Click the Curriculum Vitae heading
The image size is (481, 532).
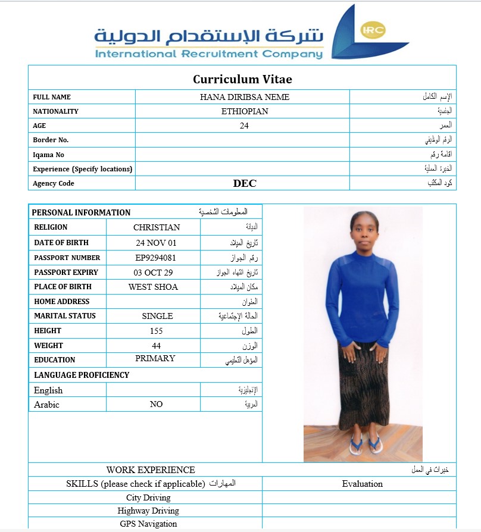click(x=242, y=79)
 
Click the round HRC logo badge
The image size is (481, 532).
click(x=373, y=30)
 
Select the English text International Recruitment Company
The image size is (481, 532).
click(x=209, y=54)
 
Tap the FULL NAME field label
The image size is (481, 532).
click(x=52, y=97)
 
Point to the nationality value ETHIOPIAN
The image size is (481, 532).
click(x=245, y=111)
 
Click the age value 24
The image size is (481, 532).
click(x=244, y=126)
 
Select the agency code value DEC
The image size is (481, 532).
click(x=245, y=183)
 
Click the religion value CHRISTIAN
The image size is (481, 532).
click(x=157, y=227)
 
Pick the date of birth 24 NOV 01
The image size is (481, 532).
click(x=156, y=243)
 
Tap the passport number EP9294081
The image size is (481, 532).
click(x=156, y=258)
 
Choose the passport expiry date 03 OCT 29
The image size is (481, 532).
click(x=154, y=272)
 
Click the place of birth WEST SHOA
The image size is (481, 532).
click(x=153, y=287)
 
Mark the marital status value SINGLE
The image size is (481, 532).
click(x=157, y=316)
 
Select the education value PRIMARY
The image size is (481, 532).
click(x=155, y=358)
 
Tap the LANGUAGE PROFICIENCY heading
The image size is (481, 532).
click(x=82, y=375)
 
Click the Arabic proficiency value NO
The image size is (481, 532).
click(x=156, y=404)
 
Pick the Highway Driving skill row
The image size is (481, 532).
click(x=148, y=511)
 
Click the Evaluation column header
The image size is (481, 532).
click(x=362, y=484)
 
